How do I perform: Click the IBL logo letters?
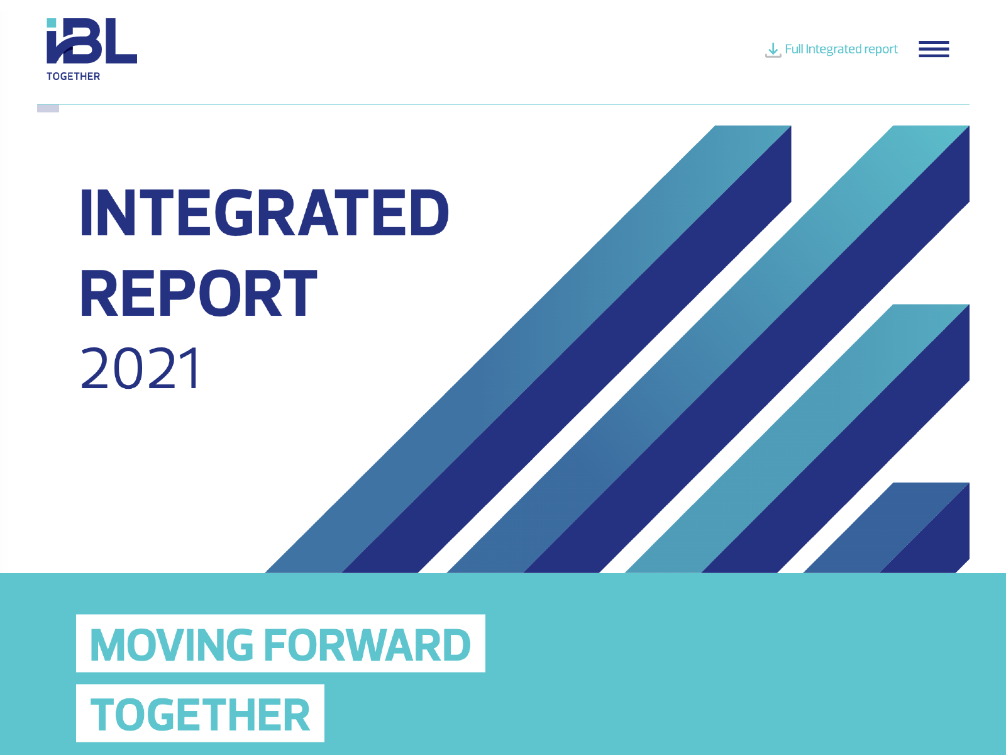92,41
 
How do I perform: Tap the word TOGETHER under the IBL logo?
74,77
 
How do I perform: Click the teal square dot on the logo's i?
52,23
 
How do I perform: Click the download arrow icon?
773,50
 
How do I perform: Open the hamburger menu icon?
934,49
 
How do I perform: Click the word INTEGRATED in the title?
265,213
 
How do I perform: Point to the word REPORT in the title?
199,293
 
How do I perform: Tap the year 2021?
140,369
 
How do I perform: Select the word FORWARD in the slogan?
368,645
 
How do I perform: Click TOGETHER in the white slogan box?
201,714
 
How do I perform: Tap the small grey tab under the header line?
48,109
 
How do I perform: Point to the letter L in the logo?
121,41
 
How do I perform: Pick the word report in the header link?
880,50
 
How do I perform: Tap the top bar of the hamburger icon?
934,42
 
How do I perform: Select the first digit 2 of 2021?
95,369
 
